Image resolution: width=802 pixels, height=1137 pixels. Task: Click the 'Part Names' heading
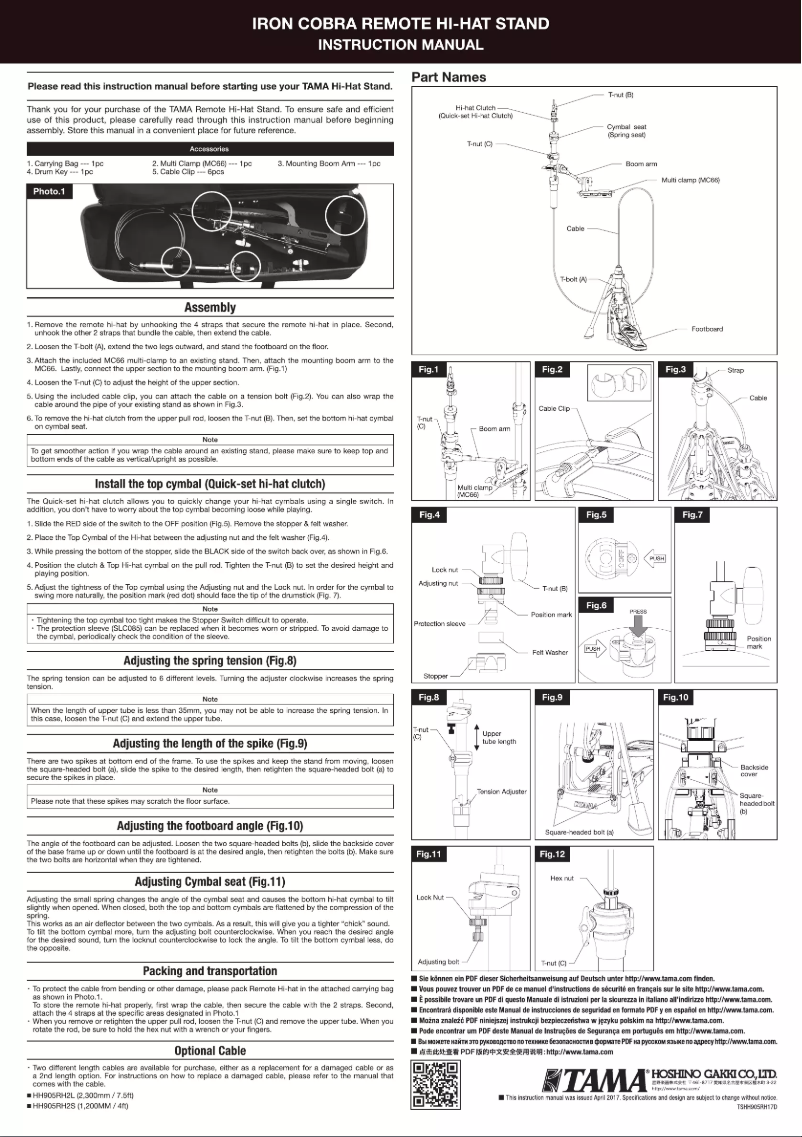[x=449, y=77]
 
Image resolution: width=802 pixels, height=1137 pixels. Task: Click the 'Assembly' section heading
[x=209, y=308]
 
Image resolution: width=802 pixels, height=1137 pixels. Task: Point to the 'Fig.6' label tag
[x=597, y=605]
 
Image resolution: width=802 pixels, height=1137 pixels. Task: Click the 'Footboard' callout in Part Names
[x=707, y=329]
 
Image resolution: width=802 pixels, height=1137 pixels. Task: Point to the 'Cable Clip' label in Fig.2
[x=554, y=409]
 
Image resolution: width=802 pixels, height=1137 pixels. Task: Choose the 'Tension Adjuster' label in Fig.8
[x=502, y=792]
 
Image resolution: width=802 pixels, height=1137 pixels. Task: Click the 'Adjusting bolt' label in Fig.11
[x=438, y=961]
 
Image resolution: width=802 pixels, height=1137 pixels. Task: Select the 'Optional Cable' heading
[x=209, y=1051]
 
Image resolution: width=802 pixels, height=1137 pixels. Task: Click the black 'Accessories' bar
[x=209, y=148]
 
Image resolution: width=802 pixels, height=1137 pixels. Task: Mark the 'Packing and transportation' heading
[x=209, y=971]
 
